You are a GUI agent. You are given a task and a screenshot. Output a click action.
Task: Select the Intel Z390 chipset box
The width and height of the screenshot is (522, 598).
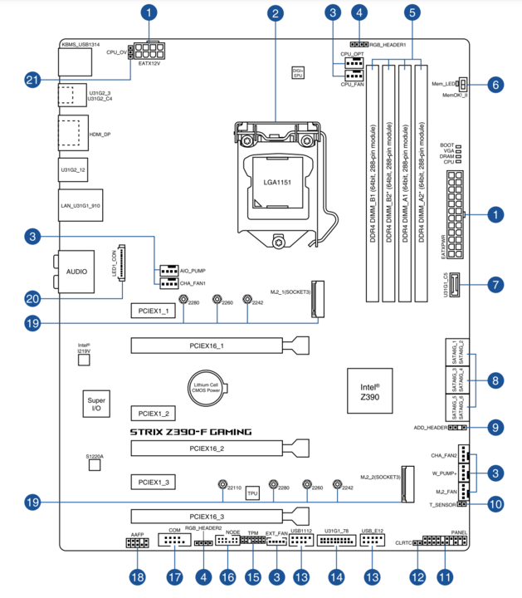tap(369, 391)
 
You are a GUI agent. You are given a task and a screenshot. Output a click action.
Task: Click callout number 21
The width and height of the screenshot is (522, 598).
tap(32, 80)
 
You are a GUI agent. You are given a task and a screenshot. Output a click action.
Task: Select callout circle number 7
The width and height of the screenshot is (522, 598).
tap(495, 285)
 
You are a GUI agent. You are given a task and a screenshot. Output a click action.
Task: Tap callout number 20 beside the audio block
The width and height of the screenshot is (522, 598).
tap(32, 298)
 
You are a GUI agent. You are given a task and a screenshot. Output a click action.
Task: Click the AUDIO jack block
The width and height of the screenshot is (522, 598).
tap(76, 272)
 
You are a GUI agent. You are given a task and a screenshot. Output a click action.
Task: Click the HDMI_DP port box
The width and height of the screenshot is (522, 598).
tap(72, 133)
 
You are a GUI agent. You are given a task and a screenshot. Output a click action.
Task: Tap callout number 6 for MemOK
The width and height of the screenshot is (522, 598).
tap(495, 84)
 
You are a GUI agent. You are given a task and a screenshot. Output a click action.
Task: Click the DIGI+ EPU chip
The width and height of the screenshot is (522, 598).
tap(298, 72)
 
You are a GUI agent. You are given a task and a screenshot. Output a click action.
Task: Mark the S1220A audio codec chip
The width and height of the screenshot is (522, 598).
tap(95, 463)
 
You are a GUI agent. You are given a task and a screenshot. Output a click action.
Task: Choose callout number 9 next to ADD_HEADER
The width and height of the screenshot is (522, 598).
tap(495, 428)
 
